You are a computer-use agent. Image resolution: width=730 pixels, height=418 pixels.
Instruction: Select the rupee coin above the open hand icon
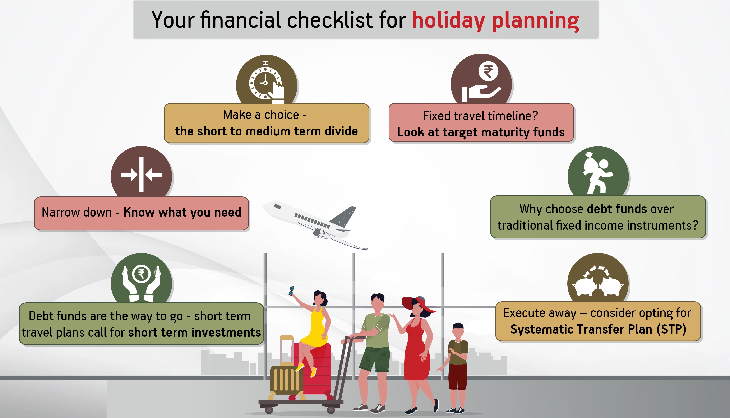[x=488, y=71]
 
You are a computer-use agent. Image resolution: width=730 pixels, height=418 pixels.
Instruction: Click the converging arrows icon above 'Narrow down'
[x=141, y=175]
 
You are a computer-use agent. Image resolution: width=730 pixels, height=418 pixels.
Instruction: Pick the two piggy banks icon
[x=598, y=281]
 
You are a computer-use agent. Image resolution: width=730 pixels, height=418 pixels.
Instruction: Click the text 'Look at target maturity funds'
[x=481, y=132]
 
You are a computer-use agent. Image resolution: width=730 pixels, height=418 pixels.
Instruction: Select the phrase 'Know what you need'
[x=182, y=212]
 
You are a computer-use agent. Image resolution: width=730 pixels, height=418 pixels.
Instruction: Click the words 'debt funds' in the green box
[x=617, y=209]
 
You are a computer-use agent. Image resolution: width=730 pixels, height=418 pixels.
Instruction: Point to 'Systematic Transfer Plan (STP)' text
[x=598, y=329]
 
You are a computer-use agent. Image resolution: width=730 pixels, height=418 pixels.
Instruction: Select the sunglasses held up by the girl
[x=292, y=291]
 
